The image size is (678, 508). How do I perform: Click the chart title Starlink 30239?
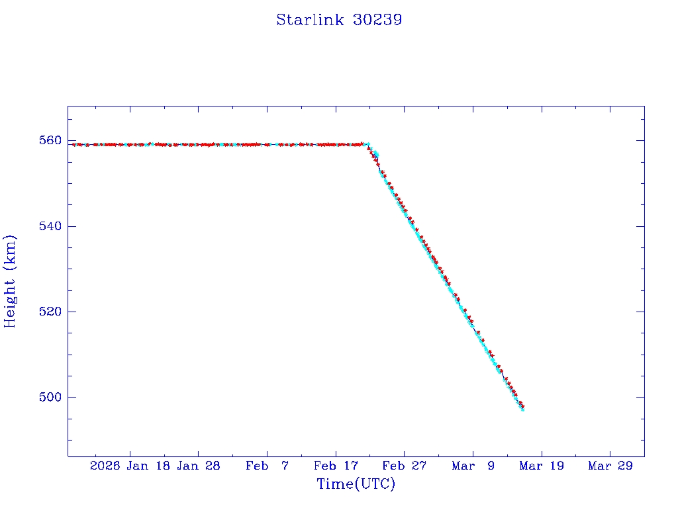click(339, 20)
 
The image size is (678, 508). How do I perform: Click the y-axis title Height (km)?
click(11, 280)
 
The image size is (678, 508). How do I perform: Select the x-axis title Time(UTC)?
click(356, 484)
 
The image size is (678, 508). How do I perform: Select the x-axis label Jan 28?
click(198, 466)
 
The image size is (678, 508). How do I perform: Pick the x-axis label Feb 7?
click(267, 466)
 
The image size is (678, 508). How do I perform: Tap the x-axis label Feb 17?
click(335, 466)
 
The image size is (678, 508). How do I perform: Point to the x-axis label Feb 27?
click(404, 466)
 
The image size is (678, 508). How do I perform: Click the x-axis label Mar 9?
click(473, 466)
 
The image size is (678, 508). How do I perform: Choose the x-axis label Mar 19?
click(541, 466)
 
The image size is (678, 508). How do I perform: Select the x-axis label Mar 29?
click(610, 466)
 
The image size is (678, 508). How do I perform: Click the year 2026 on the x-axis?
click(105, 466)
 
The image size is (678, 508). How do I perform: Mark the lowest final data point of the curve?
click(522, 409)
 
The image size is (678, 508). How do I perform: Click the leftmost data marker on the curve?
click(73, 144)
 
